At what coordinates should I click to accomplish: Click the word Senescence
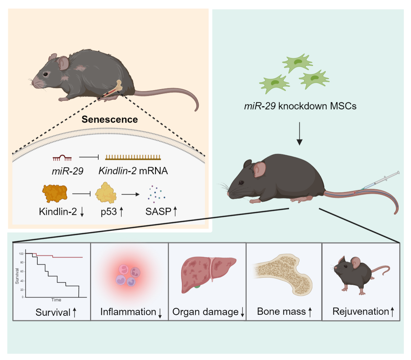coord(110,120)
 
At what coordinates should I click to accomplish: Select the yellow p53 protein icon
coord(105,193)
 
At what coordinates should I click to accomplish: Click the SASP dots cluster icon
coord(156,194)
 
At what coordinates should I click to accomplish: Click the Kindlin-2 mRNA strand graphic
coord(133,157)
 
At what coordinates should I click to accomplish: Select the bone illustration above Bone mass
coord(284,275)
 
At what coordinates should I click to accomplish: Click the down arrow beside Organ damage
coord(242,312)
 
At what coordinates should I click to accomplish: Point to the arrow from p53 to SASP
coord(130,194)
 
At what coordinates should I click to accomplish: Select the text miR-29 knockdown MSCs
coord(300,106)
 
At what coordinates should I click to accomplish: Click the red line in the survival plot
coord(65,257)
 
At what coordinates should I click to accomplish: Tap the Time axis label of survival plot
coord(56,300)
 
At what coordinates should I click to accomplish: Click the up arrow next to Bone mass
coord(310,312)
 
